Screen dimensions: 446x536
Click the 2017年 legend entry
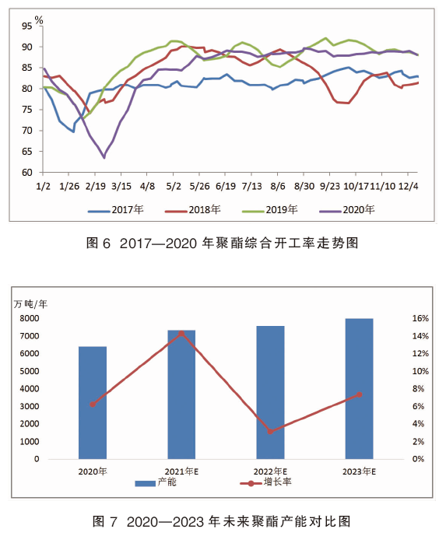tap(116, 210)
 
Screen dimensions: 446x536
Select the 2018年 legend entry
tap(193, 210)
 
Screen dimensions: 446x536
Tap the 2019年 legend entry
tap(270, 210)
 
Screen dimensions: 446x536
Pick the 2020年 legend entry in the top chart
tap(347, 210)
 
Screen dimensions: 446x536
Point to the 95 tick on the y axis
tap(26, 26)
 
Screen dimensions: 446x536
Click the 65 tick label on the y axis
tap(26, 152)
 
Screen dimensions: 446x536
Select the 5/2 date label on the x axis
tap(174, 186)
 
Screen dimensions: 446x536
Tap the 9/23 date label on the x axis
tap(330, 186)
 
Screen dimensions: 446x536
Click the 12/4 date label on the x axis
tap(409, 186)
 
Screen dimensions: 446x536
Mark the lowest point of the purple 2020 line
tap(104, 158)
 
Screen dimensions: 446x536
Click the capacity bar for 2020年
tap(93, 403)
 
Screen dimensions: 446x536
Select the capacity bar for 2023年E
tap(359, 389)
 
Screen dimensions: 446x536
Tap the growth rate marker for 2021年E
tap(181, 334)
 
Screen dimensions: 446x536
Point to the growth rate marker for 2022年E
tap(270, 432)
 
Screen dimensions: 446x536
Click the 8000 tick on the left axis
tap(30, 318)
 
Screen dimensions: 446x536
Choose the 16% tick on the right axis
tap(420, 318)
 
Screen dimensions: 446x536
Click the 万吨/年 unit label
tap(30, 303)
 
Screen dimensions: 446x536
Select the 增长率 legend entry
tap(266, 482)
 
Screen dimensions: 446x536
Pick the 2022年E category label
tap(270, 471)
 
